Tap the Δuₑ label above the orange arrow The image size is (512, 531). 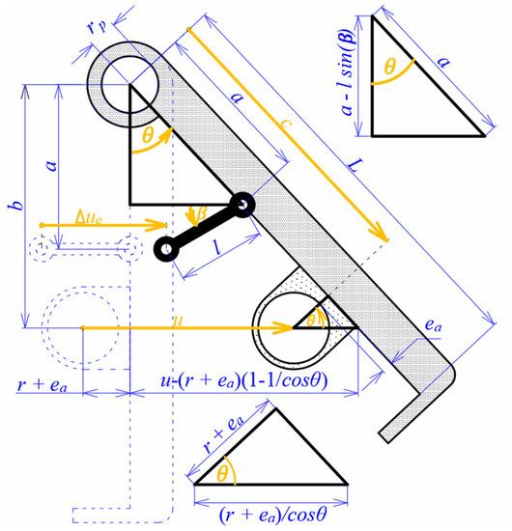coord(88,218)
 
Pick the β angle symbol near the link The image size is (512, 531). coord(202,213)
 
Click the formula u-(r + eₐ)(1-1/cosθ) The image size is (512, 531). coord(244,380)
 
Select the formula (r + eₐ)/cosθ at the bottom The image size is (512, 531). coord(272,515)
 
